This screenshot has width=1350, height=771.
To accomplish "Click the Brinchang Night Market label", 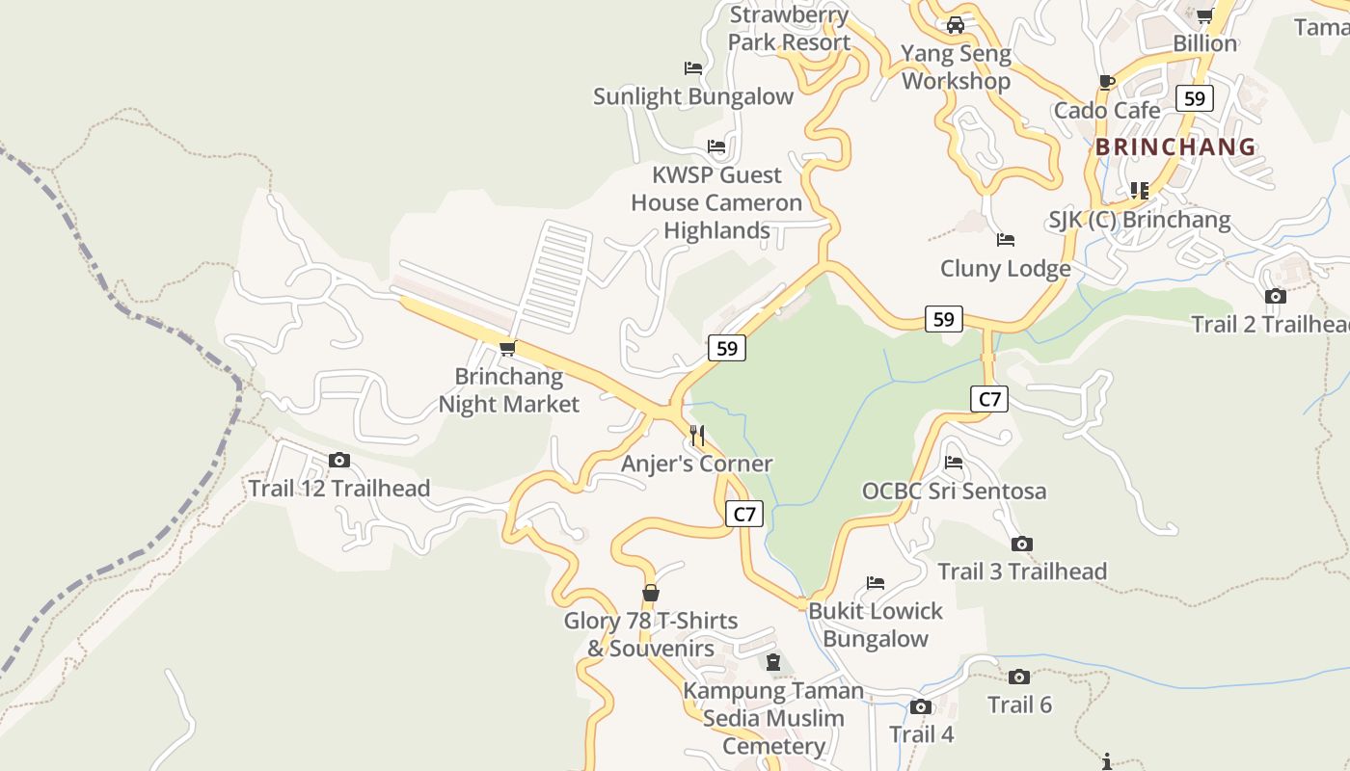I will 508,389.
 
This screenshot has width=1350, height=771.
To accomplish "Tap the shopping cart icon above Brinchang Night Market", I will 507,348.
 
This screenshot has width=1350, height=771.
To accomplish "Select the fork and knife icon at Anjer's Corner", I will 697,436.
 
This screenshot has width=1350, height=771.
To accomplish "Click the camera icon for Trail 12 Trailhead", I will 339,461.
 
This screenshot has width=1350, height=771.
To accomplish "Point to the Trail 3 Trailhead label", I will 1022,572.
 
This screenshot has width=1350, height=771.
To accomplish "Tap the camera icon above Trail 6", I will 1019,678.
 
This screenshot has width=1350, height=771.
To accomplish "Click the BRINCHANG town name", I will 1175,147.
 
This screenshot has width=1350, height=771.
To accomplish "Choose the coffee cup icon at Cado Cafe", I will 1106,82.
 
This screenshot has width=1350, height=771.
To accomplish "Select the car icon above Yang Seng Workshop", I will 956,25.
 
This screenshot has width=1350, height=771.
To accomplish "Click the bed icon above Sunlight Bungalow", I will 693,68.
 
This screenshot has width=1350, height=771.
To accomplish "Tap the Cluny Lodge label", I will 1005,268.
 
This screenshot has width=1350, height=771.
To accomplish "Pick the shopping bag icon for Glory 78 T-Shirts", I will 651,593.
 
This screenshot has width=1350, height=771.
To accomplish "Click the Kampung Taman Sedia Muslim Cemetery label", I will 773,718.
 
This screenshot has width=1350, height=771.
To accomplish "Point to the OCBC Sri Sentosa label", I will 954,491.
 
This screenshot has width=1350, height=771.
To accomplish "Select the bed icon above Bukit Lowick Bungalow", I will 876,583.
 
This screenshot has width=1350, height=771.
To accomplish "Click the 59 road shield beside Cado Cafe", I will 1194,98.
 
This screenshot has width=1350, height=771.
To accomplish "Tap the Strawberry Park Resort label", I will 789,29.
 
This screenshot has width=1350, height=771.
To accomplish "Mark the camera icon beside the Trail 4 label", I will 920,707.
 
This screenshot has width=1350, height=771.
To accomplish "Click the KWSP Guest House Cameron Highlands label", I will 716,202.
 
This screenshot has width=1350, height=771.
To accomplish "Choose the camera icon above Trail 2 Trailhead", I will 1276,296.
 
